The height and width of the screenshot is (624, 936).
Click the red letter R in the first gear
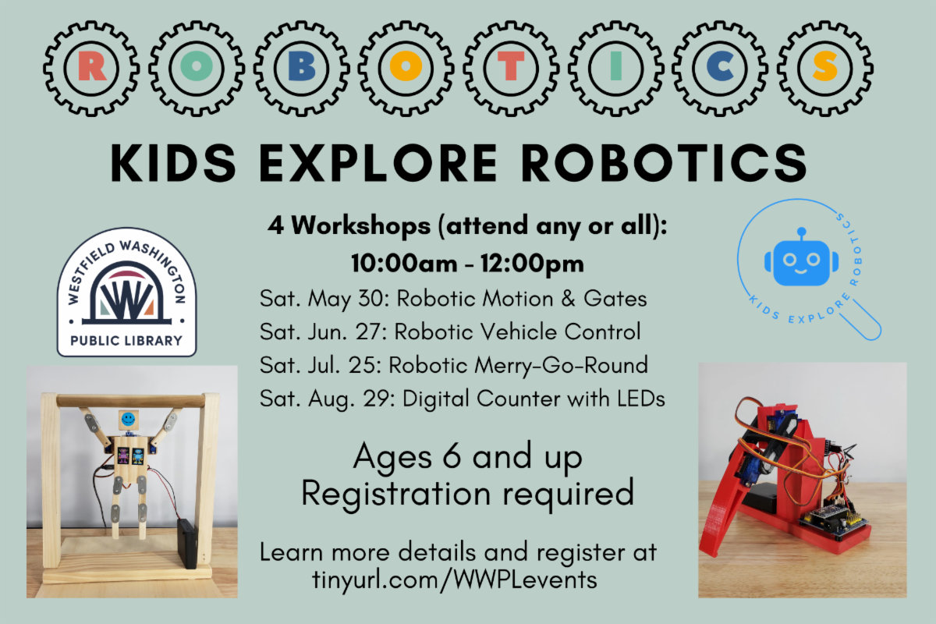91,67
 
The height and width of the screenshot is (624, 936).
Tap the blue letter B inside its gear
302,67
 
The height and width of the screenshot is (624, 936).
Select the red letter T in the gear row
511,67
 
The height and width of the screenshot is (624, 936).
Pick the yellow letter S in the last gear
825,67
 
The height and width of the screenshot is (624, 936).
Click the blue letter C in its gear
720,67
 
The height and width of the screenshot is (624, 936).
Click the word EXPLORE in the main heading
378,162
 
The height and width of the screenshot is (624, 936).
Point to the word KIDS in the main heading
173,162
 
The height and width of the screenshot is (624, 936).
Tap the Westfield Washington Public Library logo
126,292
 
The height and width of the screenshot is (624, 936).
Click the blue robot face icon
801,261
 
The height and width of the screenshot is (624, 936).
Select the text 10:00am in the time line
404,264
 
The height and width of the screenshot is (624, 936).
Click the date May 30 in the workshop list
349,300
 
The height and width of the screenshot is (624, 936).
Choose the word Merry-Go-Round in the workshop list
561,365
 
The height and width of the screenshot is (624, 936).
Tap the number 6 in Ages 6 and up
452,456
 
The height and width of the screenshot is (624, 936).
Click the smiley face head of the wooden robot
128,419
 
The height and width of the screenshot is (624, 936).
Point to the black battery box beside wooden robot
186,544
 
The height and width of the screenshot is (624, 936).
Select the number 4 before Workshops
276,225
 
